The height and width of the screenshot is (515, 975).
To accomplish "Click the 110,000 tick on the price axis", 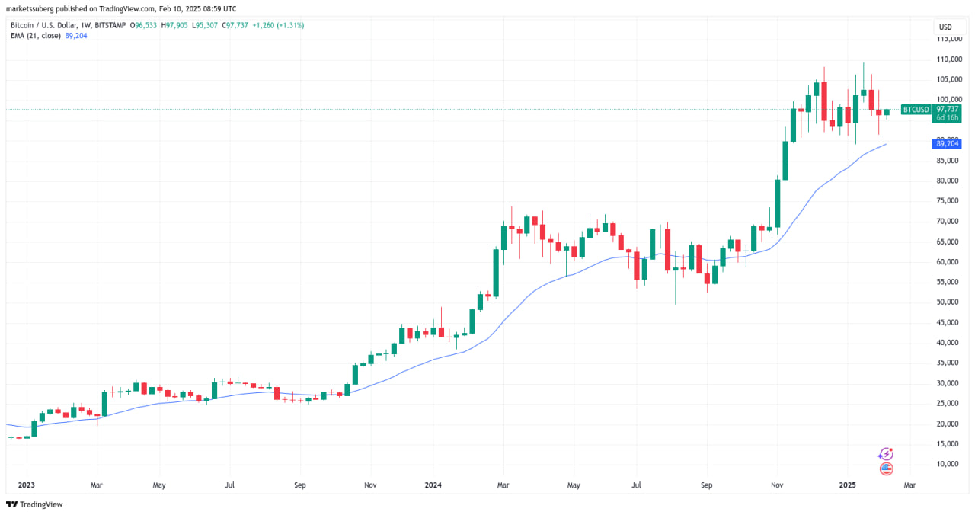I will (x=948, y=59).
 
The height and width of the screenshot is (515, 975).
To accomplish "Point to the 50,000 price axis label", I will (x=948, y=302).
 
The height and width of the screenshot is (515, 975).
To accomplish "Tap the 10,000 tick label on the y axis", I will (x=948, y=464).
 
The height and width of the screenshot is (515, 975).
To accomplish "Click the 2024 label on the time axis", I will (x=433, y=485).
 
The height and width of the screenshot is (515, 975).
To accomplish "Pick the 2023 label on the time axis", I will (x=26, y=485).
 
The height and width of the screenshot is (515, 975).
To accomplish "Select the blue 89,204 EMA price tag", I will (x=947, y=143).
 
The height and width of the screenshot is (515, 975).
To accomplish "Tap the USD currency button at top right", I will (x=945, y=27).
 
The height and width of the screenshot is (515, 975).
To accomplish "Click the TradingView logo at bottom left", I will (x=34, y=504).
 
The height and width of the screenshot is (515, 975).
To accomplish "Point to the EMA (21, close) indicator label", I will (x=37, y=36).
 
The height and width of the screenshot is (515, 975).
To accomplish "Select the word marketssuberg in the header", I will (x=28, y=9).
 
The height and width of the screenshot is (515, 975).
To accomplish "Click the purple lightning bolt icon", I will (x=886, y=454).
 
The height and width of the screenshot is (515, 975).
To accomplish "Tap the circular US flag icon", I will (x=886, y=469).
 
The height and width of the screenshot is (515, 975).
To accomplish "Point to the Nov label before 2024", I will (x=370, y=485).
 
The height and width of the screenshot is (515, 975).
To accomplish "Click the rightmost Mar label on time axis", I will (x=909, y=485).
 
